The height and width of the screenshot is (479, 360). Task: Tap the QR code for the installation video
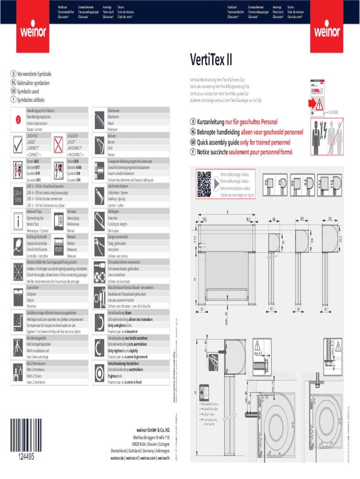tap(204, 184)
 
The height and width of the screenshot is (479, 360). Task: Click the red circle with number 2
tap(17, 120)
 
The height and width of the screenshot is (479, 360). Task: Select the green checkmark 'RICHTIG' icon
tap(17, 145)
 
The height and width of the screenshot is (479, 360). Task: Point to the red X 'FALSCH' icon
tap(59, 145)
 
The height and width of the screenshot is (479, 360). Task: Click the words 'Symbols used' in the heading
tap(28, 92)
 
